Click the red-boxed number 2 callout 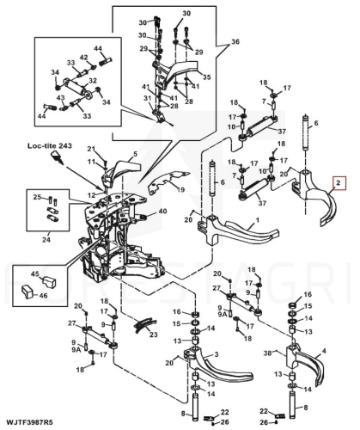pos(339,183)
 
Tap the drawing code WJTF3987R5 pos(29,422)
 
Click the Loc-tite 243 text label pos(50,145)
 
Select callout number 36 pos(235,42)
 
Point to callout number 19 pos(180,189)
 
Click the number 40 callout pos(163,212)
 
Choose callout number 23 pos(154,335)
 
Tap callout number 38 pos(268,353)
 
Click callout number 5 pos(136,154)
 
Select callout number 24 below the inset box pos(46,239)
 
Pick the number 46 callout pos(43,296)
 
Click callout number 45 pos(35,274)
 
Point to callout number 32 pos(93,81)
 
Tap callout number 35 pos(206,77)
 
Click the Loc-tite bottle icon pos(58,157)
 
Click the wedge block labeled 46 pos(28,292)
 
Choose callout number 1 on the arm pos(258,220)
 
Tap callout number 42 pos(84,58)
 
